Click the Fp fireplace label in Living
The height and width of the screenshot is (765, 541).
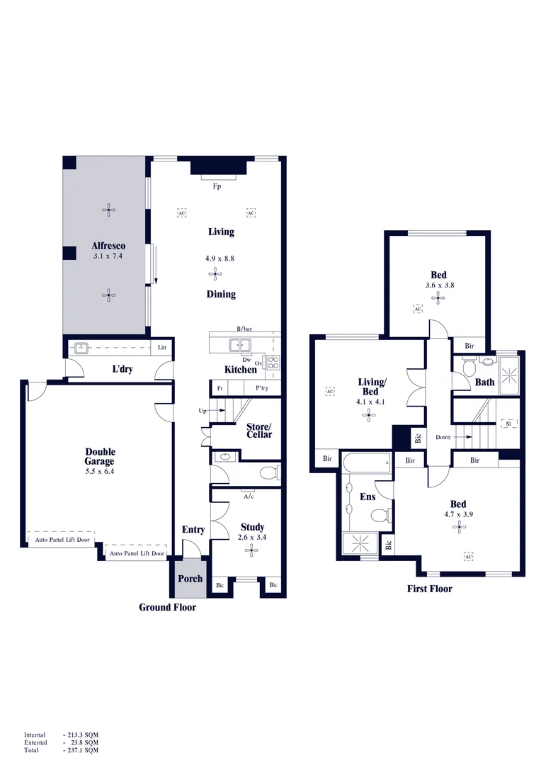pos(217,186)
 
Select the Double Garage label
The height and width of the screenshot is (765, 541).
pos(100,456)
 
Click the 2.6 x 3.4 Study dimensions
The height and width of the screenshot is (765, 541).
pos(252,538)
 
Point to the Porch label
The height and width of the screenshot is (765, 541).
pos(189,579)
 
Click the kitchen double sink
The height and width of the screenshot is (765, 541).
pos(239,346)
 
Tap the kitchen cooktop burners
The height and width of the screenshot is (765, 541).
pos(273,364)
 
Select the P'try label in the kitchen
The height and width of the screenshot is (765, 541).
pos(263,389)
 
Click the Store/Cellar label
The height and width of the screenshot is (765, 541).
pos(258,431)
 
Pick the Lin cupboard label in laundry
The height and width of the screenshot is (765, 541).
pos(162,347)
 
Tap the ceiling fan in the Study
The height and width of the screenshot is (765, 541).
pos(251,552)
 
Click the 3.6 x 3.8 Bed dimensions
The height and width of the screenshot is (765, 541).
pos(439,285)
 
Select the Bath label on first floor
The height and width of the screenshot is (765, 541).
pos(484,382)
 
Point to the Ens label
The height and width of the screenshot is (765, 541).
pos(368,497)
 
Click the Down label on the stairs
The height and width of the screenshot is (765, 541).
pos(444,437)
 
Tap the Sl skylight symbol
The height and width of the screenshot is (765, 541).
pos(507,424)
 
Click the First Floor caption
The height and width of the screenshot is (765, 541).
pos(429,589)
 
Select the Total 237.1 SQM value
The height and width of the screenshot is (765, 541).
pos(81,749)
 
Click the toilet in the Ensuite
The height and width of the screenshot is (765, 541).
pos(380,515)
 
